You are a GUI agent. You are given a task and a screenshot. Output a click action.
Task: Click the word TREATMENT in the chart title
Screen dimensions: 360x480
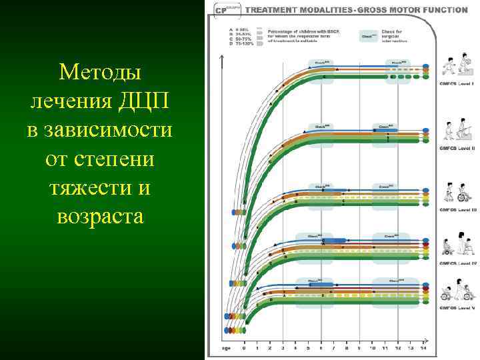tap(272, 10)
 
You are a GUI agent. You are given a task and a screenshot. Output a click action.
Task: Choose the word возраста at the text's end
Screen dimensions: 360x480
tap(100, 217)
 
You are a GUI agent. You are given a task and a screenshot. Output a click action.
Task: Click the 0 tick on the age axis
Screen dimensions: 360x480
tap(244, 348)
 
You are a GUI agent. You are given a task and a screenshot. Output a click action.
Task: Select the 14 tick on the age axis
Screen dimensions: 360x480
tap(423, 348)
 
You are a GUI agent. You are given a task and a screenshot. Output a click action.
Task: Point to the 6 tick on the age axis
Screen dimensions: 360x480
tap(321, 348)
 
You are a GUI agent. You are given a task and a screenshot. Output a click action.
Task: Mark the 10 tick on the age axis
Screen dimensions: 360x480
tap(373, 348)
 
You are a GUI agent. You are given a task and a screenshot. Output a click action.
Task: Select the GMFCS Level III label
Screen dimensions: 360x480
tap(457, 209)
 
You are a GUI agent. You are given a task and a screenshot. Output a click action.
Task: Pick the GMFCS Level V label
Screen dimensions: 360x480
tap(457, 309)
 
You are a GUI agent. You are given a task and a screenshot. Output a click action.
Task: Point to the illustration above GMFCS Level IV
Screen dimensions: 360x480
tap(457, 243)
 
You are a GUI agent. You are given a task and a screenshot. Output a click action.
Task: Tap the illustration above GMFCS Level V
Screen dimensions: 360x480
tap(457, 291)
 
